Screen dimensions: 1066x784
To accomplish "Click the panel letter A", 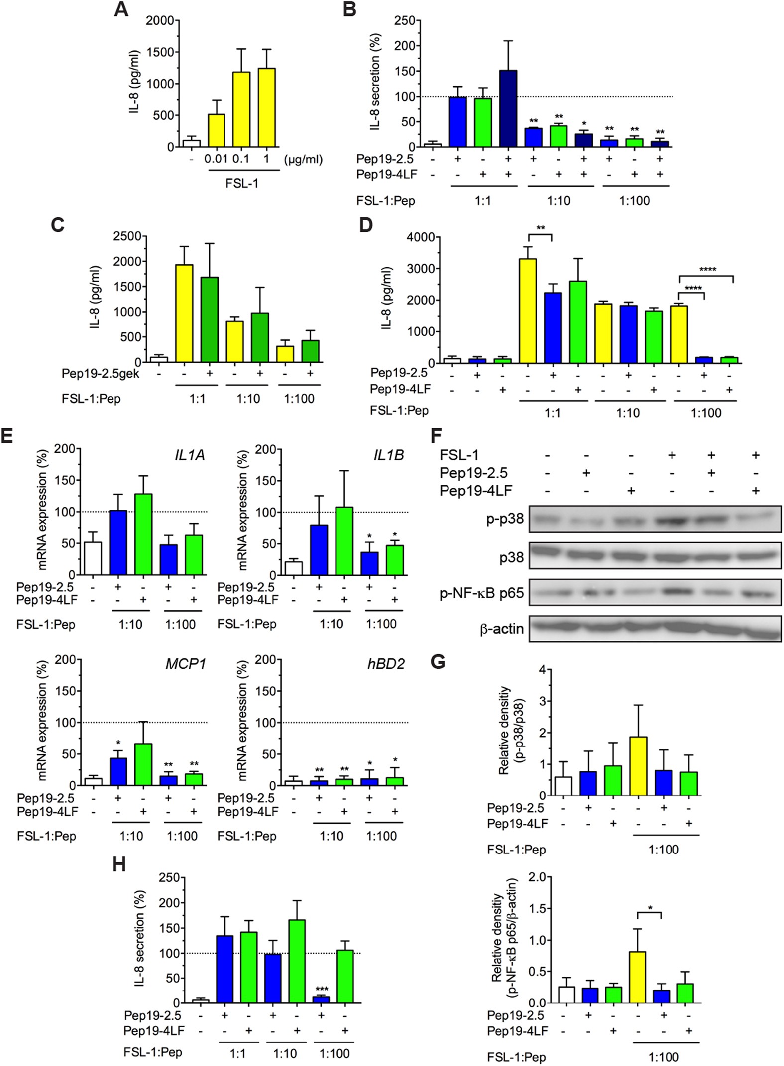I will click(121, 9).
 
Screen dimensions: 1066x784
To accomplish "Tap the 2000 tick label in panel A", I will click(160, 21).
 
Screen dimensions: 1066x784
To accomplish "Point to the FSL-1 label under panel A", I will click(242, 183).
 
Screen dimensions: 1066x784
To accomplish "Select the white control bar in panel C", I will click(159, 359).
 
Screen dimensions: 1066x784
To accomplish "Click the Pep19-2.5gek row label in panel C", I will click(101, 373).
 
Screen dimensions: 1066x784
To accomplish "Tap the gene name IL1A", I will click(190, 455).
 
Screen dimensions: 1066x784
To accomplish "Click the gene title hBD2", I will click(386, 664).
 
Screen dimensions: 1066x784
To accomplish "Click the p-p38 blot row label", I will click(505, 519).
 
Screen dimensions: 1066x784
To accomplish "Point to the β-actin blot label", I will click(502, 629).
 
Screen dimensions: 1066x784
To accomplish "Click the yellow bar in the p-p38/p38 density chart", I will click(638, 766).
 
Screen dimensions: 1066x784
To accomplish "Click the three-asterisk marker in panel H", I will click(322, 989).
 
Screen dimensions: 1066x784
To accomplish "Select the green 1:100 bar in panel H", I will click(345, 976).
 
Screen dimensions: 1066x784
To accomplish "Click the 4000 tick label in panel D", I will click(421, 237).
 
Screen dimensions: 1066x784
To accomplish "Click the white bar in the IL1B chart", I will click(294, 568).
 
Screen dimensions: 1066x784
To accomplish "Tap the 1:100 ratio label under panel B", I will click(634, 201).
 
